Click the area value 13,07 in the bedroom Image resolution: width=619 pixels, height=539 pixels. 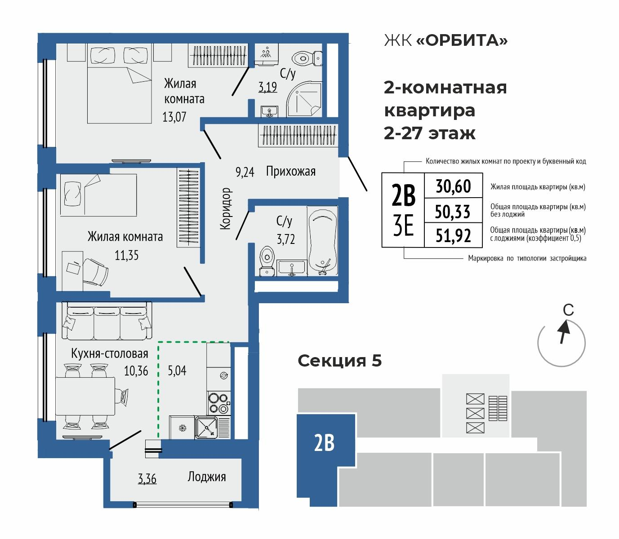tap(174, 117)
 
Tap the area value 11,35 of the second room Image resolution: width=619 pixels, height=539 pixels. tap(126, 255)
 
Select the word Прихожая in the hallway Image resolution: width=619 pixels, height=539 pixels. tap(290, 171)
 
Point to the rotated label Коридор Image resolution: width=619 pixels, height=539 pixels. tap(226, 209)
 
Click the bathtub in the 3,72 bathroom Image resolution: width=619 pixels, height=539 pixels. tap(322, 240)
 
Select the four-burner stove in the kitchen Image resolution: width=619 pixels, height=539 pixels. tap(218, 402)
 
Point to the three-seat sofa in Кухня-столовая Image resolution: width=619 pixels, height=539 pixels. tap(107, 322)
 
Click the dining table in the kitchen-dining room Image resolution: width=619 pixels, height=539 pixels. tap(85, 397)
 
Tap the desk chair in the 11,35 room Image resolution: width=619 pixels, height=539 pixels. tap(96, 271)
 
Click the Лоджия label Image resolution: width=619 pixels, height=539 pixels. tap(206, 477)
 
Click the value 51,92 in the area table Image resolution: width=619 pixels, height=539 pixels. tap(453, 235)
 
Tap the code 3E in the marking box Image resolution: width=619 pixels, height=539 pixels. tap(403, 228)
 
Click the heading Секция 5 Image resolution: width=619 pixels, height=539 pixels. tap(340, 360)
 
